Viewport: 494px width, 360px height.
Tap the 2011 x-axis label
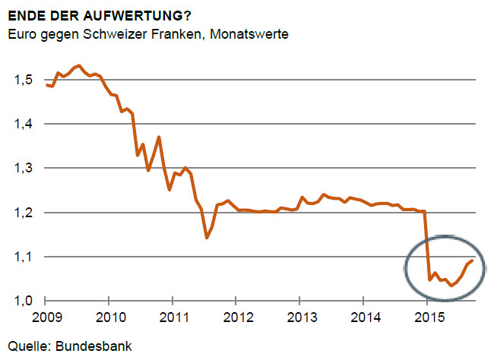(173, 316)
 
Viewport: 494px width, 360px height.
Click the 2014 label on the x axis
(366, 316)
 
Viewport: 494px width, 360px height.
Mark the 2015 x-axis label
(429, 316)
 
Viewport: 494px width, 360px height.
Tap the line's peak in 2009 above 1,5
(79, 66)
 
